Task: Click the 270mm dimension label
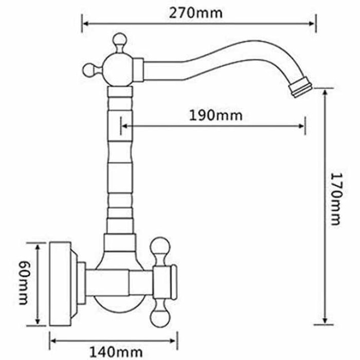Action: tap(196, 13)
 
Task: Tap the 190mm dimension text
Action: tap(216, 116)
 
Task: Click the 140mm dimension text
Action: tap(116, 352)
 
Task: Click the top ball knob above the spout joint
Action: tap(120, 41)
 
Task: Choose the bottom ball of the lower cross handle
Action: tap(160, 317)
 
